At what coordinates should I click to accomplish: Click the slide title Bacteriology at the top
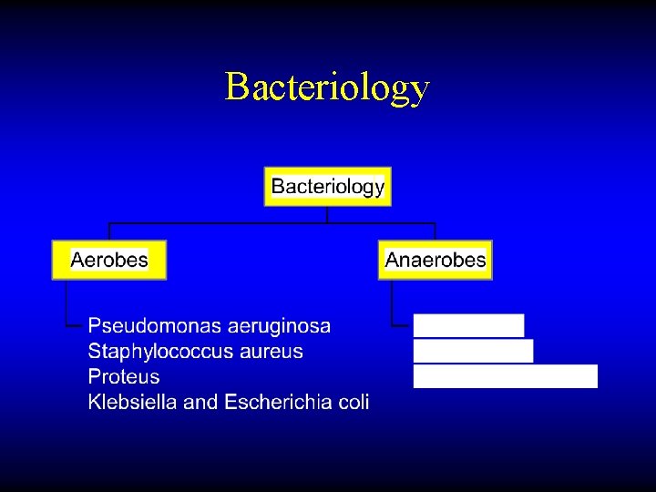pos(327,87)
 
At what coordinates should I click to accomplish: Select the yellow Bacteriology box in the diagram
pos(328,187)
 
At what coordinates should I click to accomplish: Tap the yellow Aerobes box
pos(109,260)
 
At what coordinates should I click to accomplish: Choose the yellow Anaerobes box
pos(436,260)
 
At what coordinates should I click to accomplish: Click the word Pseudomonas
pos(146,326)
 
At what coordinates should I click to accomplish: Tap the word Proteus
pos(123,377)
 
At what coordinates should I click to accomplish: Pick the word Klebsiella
pos(132,403)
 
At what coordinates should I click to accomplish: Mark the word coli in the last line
pos(351,403)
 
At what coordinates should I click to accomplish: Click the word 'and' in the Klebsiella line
pos(200,403)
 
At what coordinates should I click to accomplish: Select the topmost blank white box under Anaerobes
pos(468,326)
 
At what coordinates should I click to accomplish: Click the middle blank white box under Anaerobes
pos(473,351)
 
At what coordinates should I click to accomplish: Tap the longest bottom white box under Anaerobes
pos(506,376)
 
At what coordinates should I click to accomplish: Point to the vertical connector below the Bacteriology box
pos(327,214)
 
